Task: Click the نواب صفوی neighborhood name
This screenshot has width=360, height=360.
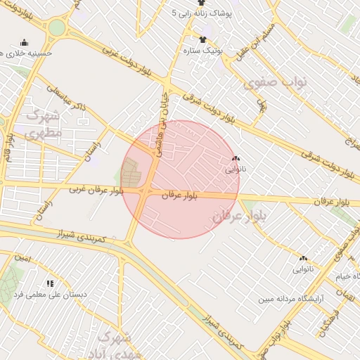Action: (x=276, y=83)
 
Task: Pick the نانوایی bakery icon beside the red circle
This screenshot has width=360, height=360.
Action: (x=235, y=160)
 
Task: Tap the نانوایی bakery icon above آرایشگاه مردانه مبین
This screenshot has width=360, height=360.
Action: (x=303, y=258)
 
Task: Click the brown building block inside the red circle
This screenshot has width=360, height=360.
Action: (x=130, y=172)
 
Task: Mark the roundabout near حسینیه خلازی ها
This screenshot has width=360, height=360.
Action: (x=56, y=29)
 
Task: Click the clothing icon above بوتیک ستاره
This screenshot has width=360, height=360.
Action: (x=202, y=39)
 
